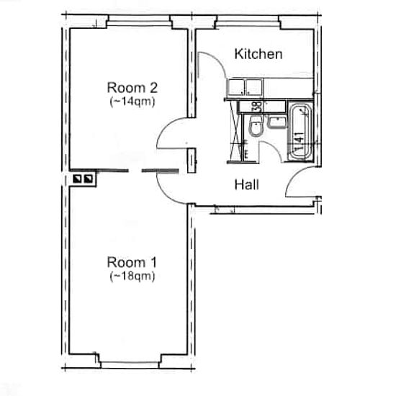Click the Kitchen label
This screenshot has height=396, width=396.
coord(258,54)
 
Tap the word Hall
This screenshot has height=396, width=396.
coord(247,184)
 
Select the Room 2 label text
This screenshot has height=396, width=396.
coord(132,88)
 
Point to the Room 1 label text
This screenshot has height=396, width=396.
coord(132,262)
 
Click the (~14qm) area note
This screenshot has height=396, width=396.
coord(132,102)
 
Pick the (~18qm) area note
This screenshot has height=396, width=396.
coord(132,276)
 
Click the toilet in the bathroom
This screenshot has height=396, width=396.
coord(256,126)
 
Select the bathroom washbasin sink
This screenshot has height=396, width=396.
coord(276,122)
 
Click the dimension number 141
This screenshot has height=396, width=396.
coord(300,141)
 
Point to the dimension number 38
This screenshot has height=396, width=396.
coord(258,106)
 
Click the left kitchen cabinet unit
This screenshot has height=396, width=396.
coord(236,87)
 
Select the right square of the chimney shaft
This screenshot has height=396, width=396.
coord(88,179)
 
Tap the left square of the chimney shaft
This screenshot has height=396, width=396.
coord(77,179)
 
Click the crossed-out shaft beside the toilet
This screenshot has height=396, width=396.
coord(236,131)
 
